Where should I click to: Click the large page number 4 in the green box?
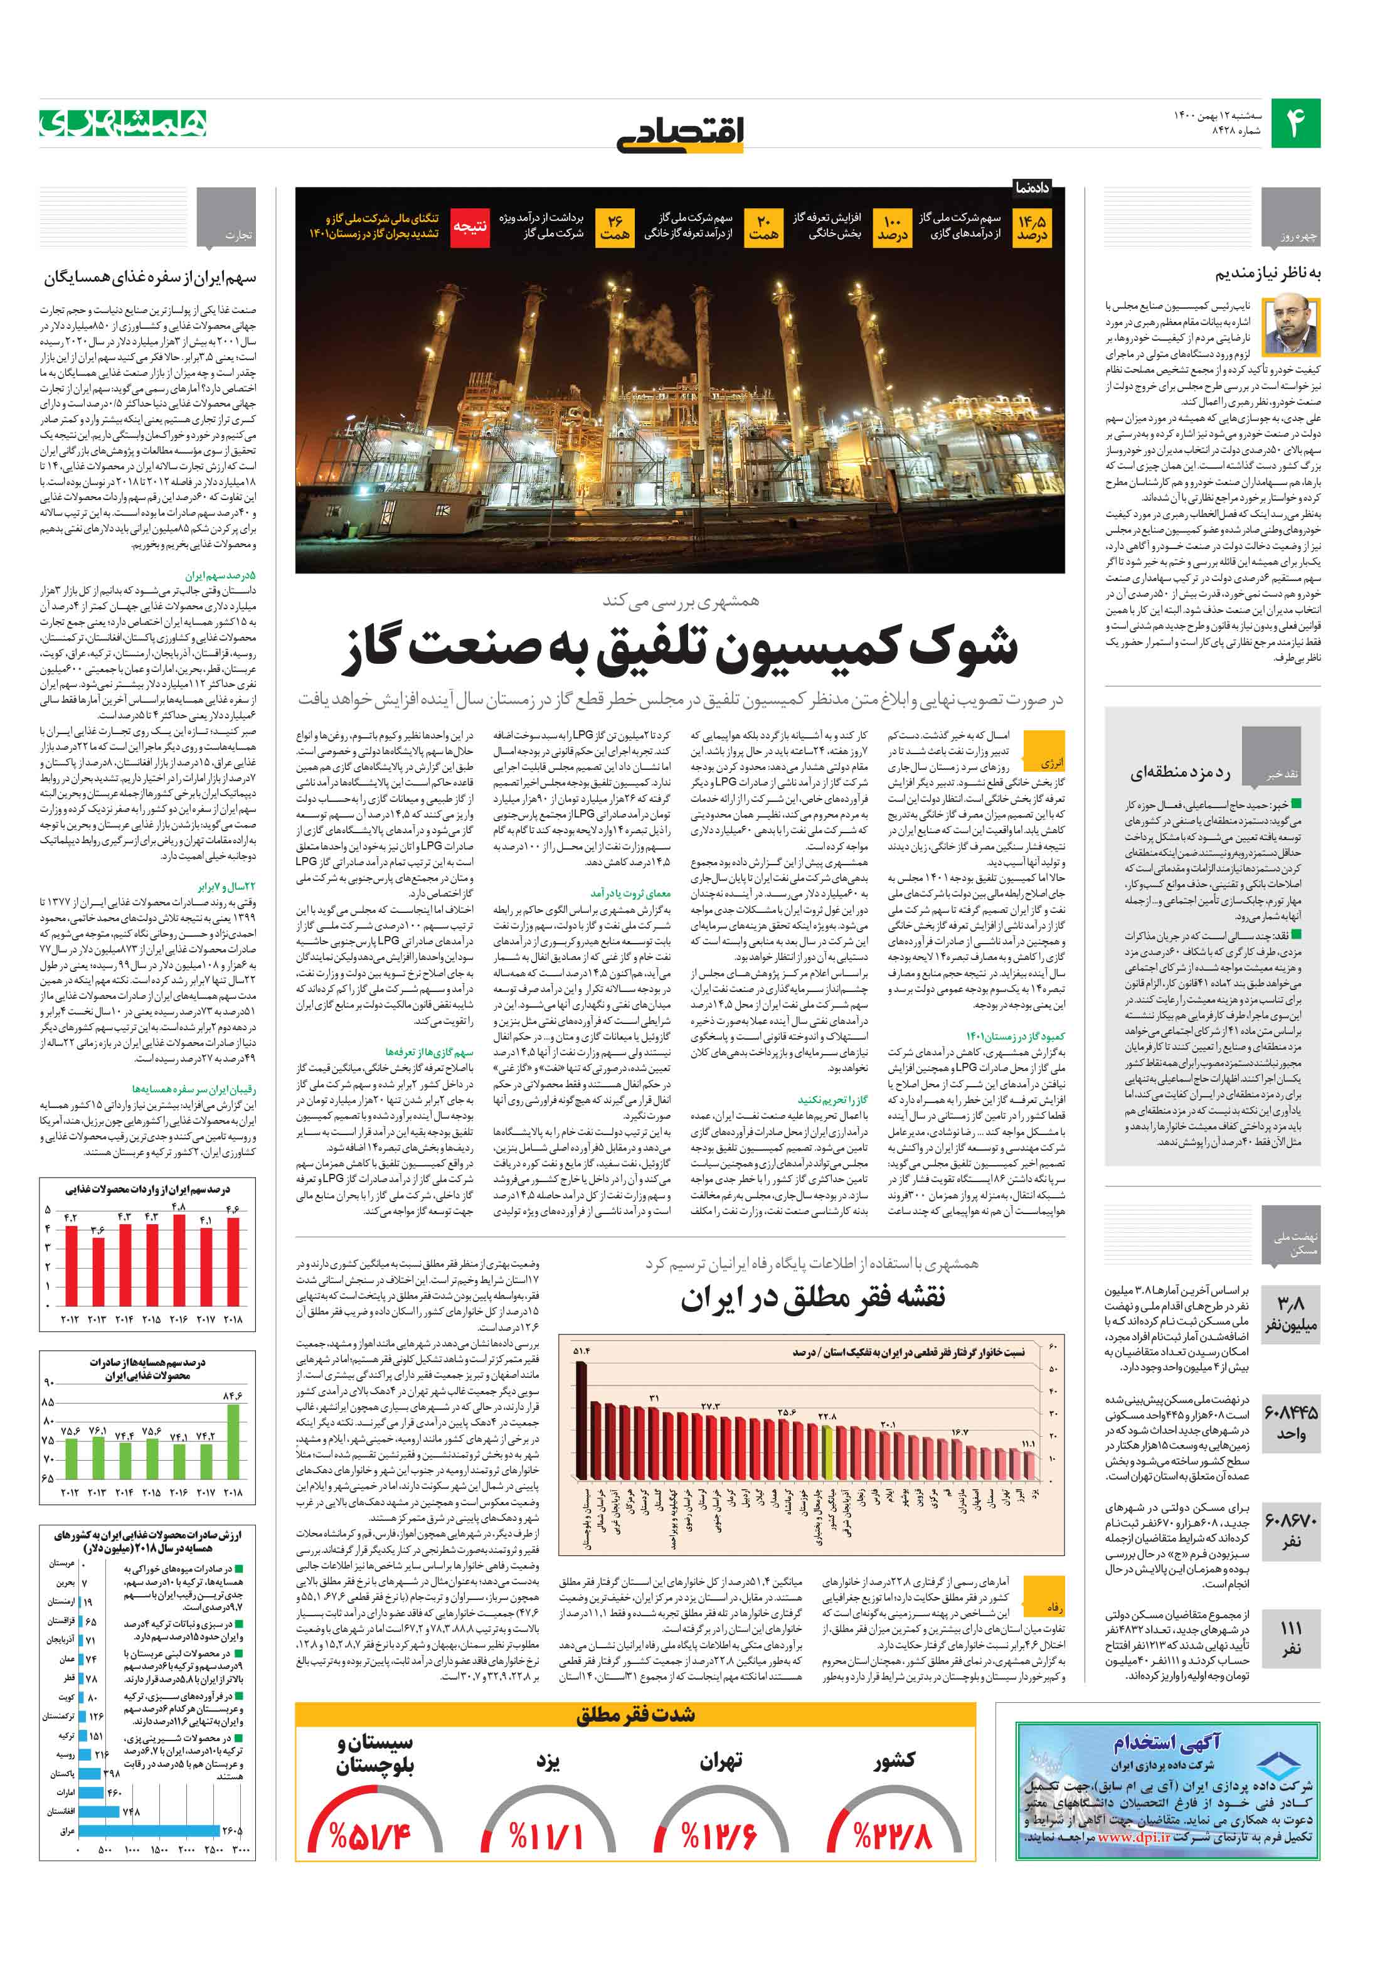(1294, 123)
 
